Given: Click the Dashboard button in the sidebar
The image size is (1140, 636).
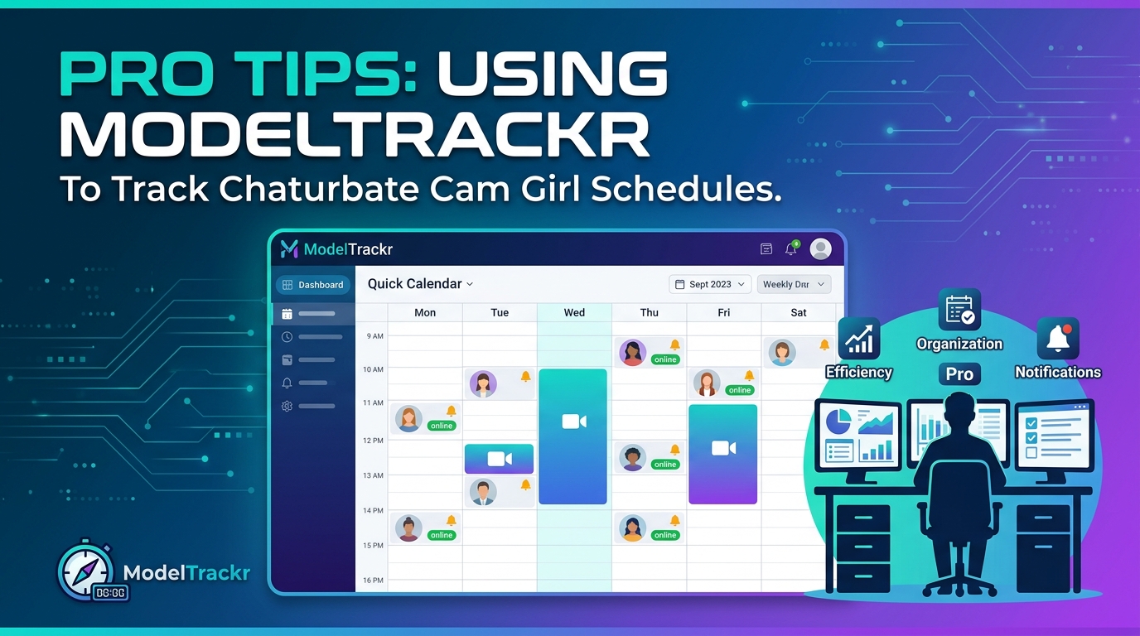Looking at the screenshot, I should [x=312, y=284].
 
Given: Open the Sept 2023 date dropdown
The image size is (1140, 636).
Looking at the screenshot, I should [x=710, y=284].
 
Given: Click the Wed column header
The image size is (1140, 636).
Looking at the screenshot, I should [x=574, y=312].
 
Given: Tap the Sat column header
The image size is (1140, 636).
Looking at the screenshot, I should [x=799, y=312].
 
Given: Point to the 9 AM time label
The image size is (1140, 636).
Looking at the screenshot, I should [x=374, y=336].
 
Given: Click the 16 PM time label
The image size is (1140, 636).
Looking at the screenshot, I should [x=374, y=581].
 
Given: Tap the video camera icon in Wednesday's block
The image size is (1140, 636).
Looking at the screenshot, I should [x=573, y=422].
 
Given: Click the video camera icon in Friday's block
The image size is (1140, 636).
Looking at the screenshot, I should [x=723, y=448].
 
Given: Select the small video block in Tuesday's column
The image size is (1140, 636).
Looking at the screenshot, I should [x=499, y=459].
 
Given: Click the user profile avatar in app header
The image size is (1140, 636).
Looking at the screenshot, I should [x=820, y=248].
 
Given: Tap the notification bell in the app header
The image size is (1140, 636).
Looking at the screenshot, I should [x=791, y=248].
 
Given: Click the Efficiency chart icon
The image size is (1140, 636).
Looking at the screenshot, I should [x=858, y=339].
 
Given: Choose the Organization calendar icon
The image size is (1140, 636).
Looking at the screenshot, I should [x=959, y=310].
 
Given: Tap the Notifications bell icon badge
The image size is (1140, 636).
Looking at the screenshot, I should [x=1058, y=338].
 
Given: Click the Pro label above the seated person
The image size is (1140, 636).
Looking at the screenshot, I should [x=959, y=374].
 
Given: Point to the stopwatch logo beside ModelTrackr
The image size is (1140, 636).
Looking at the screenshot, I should [x=87, y=571].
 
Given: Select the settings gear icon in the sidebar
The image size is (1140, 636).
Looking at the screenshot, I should [x=287, y=407].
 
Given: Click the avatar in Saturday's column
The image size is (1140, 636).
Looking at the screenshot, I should [x=781, y=353].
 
